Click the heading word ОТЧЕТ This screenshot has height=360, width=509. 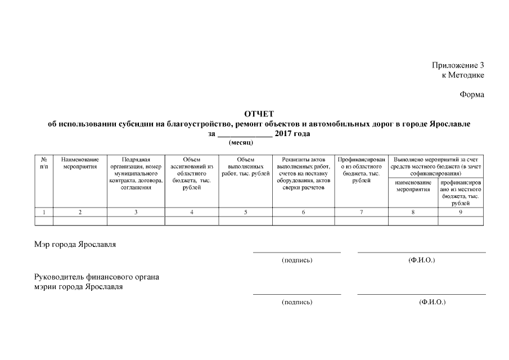pos(259,115)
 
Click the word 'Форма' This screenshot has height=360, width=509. pos(472,94)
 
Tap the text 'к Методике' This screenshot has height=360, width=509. pos(463,75)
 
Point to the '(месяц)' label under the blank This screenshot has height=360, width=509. pos(241,143)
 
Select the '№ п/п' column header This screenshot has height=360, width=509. pos(44,163)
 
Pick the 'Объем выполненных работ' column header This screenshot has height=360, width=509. pos(246,166)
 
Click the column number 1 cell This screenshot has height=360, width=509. pos(44,212)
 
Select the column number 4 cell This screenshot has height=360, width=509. pos(192,212)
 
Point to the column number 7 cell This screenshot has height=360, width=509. pos(361,212)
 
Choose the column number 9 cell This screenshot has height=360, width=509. pos(460,212)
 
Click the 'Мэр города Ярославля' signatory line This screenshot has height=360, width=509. pos(76,244)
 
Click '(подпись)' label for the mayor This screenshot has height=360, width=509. pos(296,260)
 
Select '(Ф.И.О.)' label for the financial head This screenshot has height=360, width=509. pos(432,302)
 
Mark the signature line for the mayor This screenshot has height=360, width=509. pos(296,253)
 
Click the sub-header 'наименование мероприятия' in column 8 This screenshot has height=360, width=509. pos(413,186)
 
